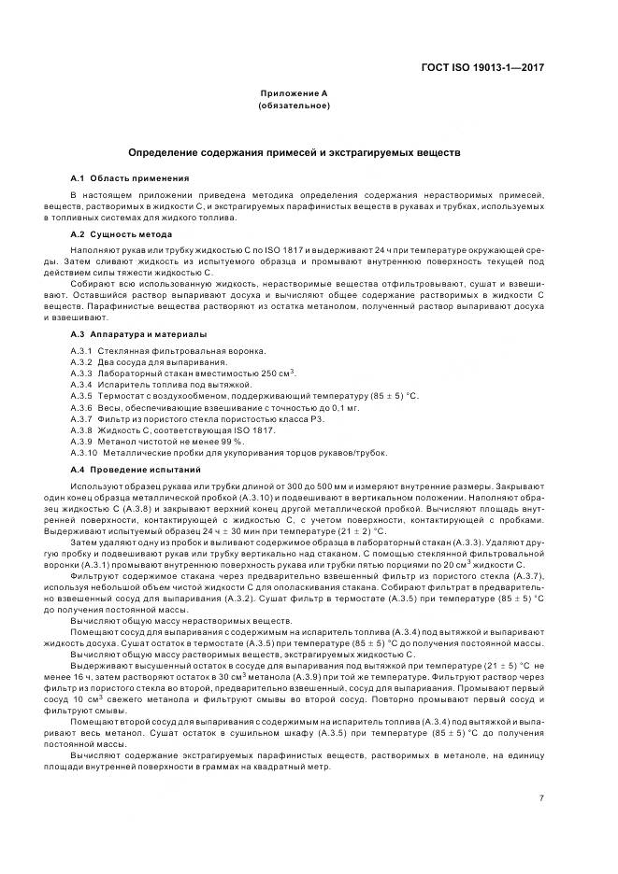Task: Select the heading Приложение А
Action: tap(294, 94)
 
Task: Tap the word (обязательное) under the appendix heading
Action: tap(294, 106)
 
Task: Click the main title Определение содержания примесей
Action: tap(294, 151)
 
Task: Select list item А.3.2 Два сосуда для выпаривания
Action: tap(148, 361)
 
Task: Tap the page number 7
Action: tap(541, 796)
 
